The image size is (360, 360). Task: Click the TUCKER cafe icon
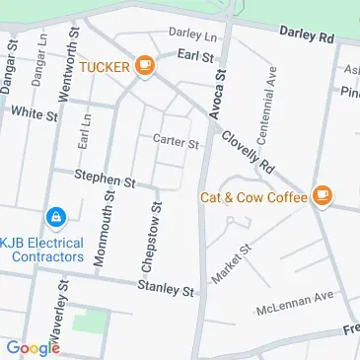point(145,66)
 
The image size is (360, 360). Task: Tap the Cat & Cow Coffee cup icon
point(322,196)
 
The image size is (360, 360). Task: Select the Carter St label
point(176,142)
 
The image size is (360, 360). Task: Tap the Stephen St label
point(105,180)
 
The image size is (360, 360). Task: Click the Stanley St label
point(167,290)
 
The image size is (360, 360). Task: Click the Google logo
point(32,347)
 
